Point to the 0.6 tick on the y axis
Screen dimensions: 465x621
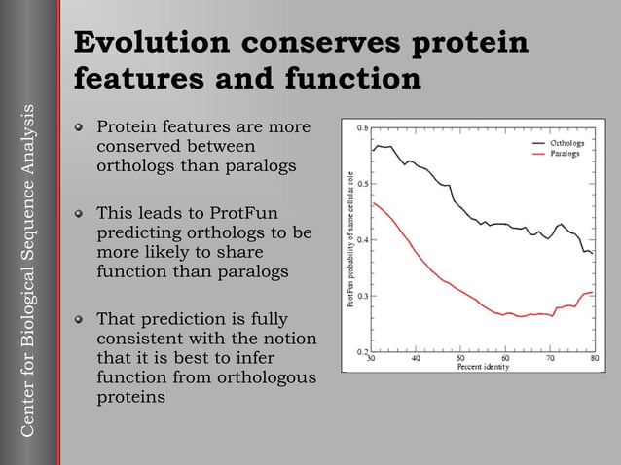[x=361, y=127]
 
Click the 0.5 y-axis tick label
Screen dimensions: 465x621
[x=361, y=183]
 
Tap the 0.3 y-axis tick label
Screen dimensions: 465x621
[x=361, y=295]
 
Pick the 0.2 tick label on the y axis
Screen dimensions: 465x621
[x=361, y=350]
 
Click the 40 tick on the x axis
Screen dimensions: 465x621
[x=416, y=358]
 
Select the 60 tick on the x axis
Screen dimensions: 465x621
[x=505, y=358]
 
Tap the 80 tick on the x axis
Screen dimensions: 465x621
[x=593, y=358]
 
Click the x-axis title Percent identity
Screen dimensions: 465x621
[x=483, y=367]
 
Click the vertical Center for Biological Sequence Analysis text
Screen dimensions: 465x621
[x=28, y=268]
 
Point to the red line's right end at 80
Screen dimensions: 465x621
[x=593, y=292]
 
